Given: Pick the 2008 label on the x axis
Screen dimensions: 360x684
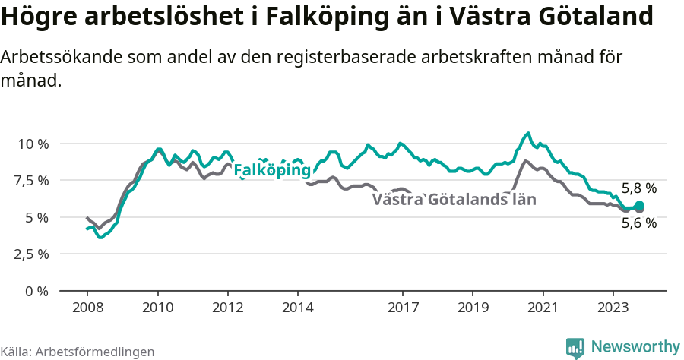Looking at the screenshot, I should [x=87, y=308].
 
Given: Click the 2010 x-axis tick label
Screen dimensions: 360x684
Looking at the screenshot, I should [x=157, y=308].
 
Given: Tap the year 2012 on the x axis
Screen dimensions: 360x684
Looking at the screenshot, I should [x=227, y=308].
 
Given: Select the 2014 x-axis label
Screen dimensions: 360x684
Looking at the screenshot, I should [x=298, y=308].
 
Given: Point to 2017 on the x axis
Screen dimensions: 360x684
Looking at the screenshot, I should [x=403, y=308].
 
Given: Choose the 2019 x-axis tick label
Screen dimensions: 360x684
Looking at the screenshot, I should [x=473, y=308].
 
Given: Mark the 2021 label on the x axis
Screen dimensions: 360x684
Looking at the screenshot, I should [x=543, y=308].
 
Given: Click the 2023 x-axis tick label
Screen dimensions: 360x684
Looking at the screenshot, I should [x=613, y=308].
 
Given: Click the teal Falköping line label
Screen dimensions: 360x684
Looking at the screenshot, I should [x=272, y=171].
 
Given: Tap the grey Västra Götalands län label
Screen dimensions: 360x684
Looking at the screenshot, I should [x=454, y=201].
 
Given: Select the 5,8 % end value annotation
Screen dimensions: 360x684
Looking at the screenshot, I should [x=638, y=188].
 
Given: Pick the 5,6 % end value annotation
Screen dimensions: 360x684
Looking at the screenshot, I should [x=638, y=223].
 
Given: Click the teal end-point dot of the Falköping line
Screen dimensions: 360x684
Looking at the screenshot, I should [x=639, y=206].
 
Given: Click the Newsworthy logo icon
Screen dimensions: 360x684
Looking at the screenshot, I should [x=575, y=348].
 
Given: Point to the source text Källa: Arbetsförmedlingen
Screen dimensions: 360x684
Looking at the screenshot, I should [x=78, y=352].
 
